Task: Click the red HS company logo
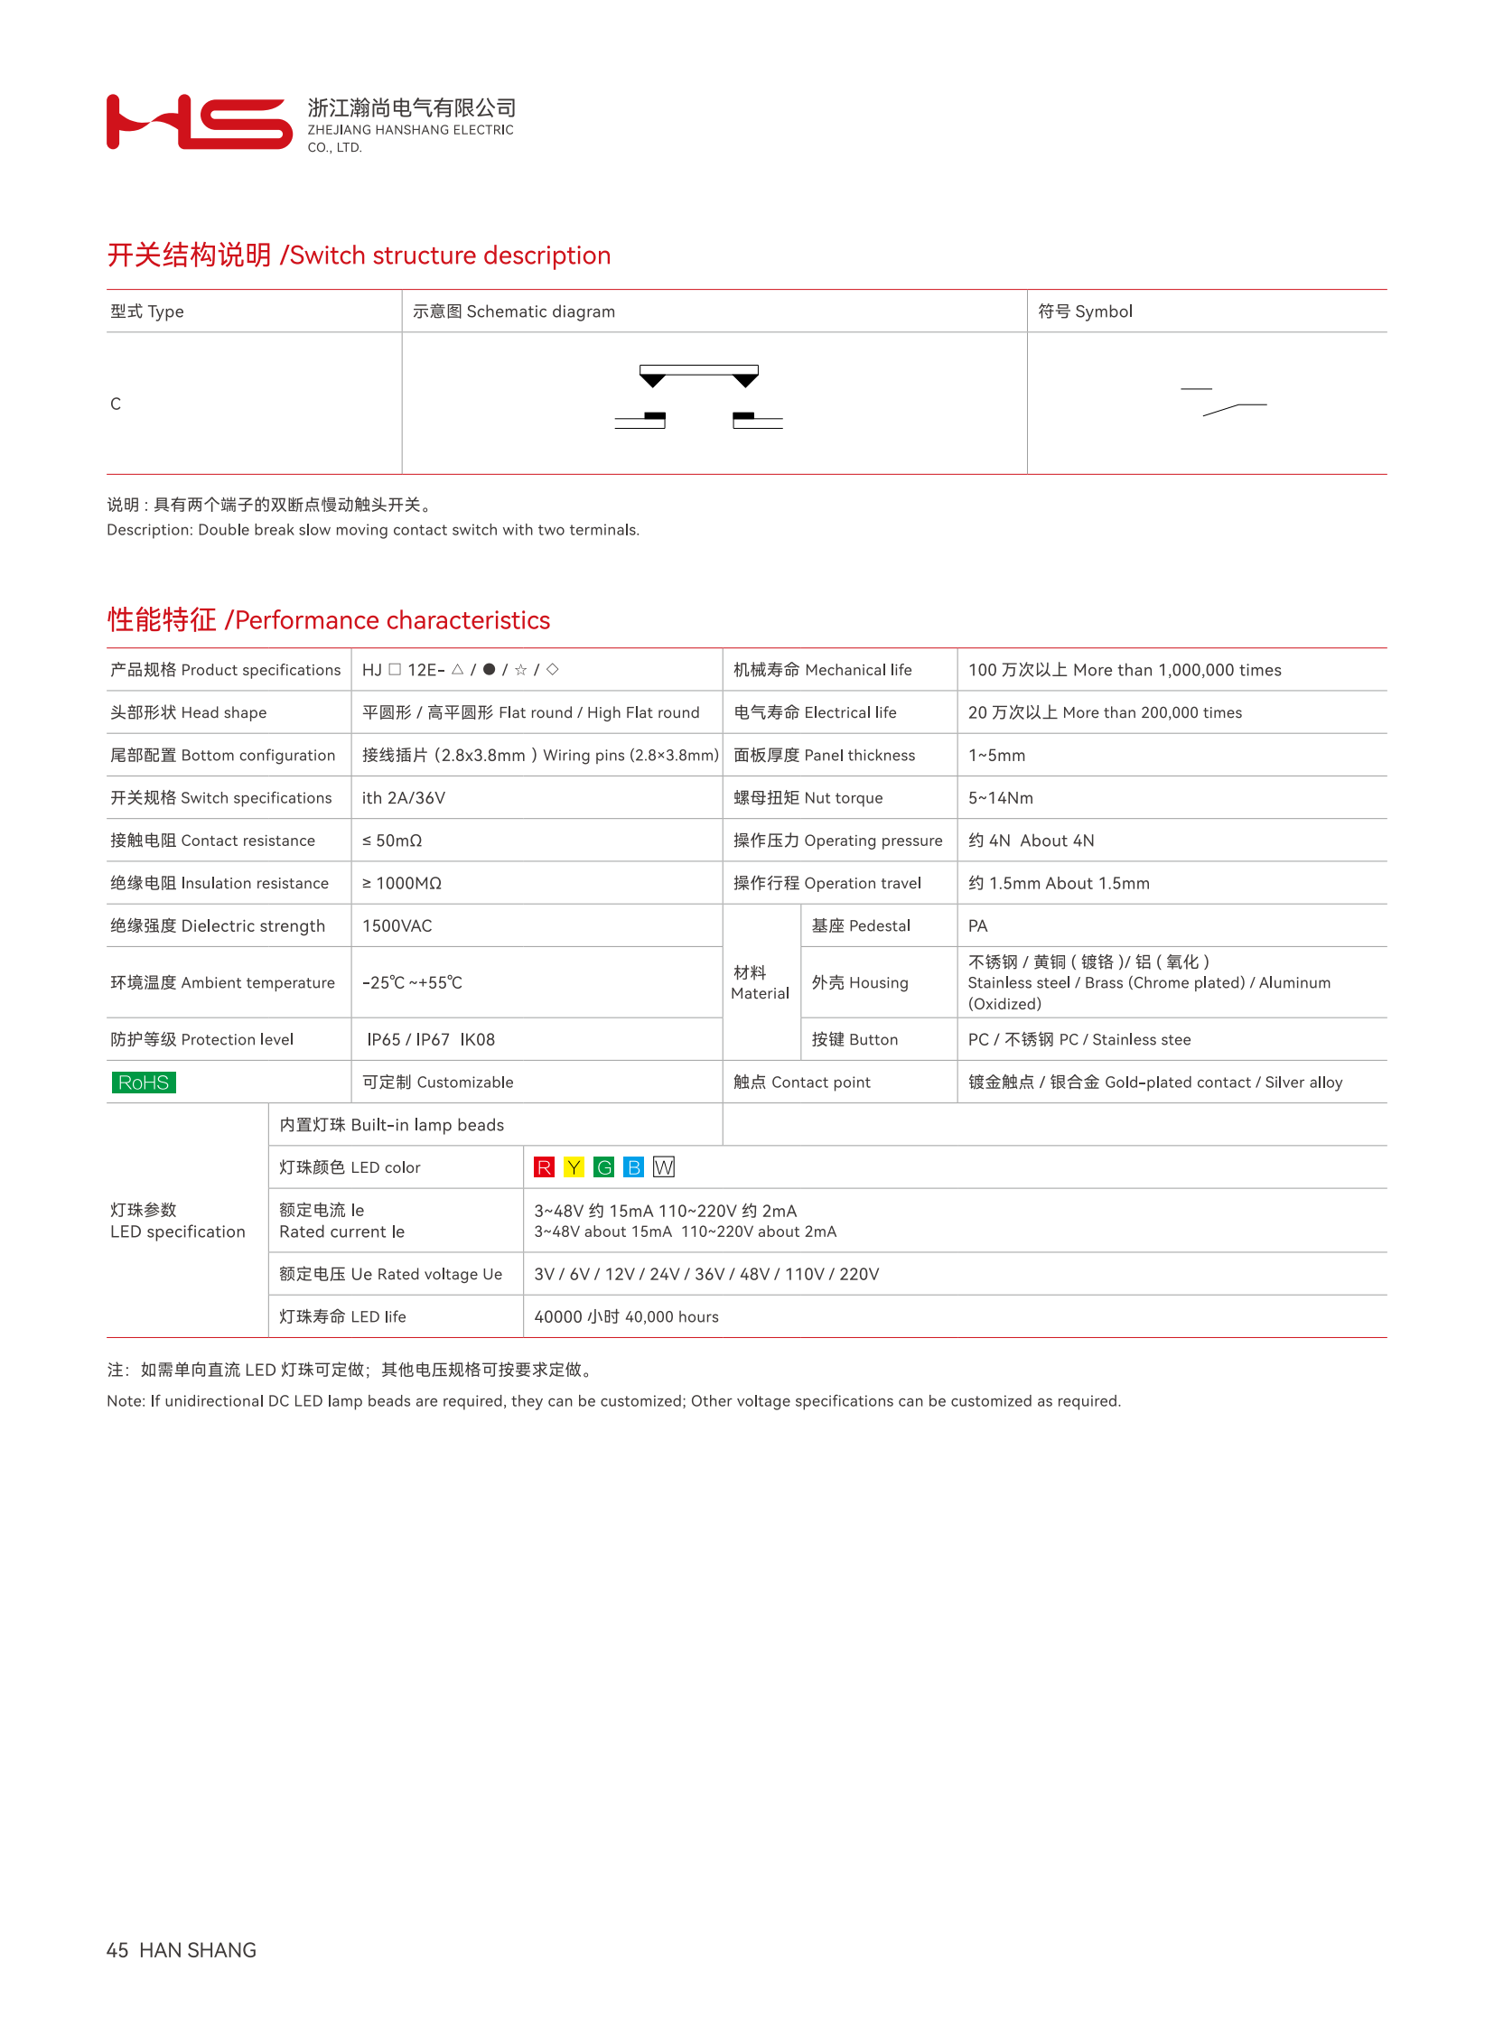tap(199, 122)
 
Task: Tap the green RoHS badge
tap(144, 1083)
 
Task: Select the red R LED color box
tap(544, 1167)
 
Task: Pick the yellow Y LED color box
tap(574, 1167)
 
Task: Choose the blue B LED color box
tap(634, 1167)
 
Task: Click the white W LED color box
tap(664, 1167)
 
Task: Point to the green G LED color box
tap(604, 1167)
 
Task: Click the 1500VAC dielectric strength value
tap(397, 925)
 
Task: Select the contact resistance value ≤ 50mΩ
tap(393, 841)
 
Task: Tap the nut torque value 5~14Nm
tap(1000, 798)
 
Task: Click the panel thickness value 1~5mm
tap(996, 756)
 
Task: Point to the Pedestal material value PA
tap(977, 925)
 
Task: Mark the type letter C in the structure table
tap(116, 404)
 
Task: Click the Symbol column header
tap(1084, 311)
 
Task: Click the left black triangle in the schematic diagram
tap(652, 381)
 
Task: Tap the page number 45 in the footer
tap(117, 1950)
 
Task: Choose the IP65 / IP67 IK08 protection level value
tap(431, 1040)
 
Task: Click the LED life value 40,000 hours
tap(626, 1317)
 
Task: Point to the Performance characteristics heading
tap(328, 620)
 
